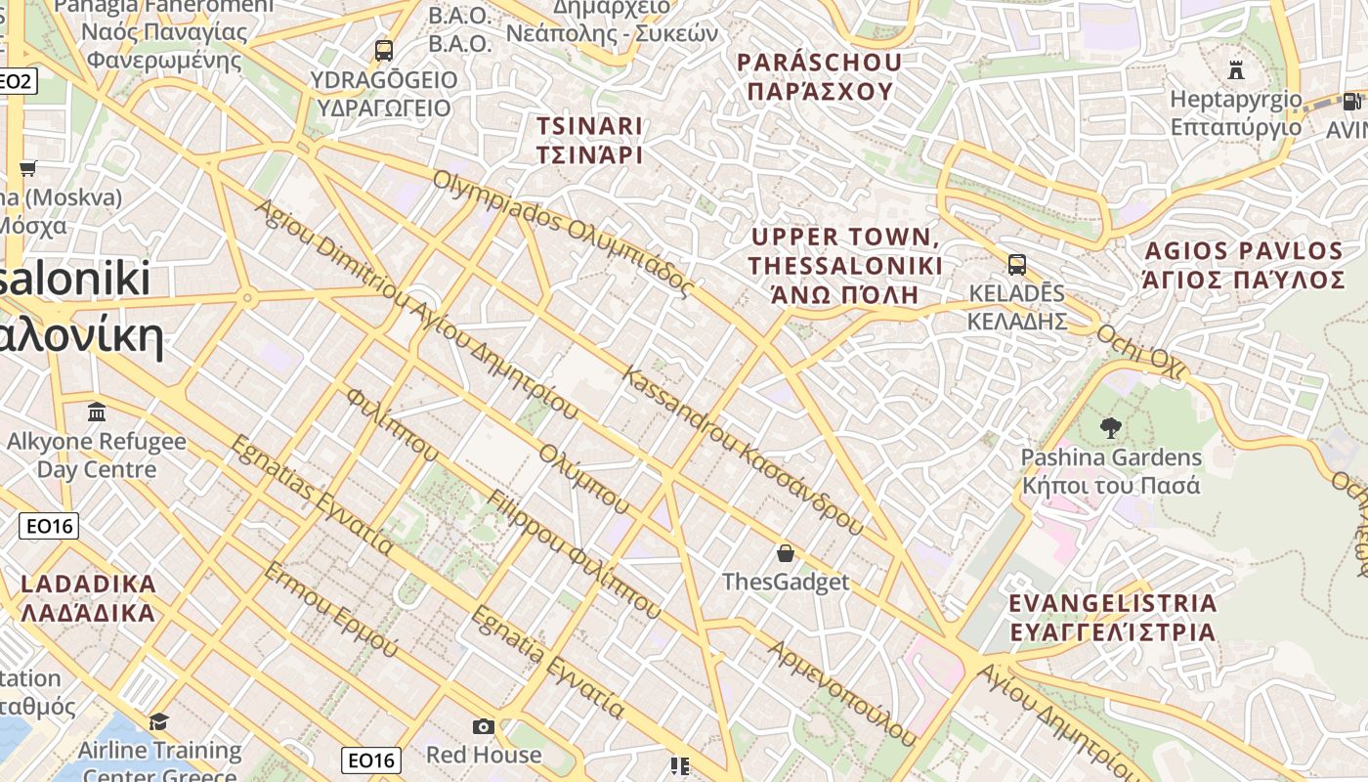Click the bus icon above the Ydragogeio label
pos(383,50)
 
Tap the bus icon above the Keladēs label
pos(1016,264)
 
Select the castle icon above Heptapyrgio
pos(1236,69)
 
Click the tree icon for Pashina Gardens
pos(1110,427)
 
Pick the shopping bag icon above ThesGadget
pos(785,553)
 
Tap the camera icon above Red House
pos(483,726)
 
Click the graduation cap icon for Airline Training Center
pos(158,721)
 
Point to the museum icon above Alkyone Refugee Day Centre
pos(96,412)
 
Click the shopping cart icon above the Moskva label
pos(27,168)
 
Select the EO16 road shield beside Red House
pos(371,760)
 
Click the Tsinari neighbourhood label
pos(589,140)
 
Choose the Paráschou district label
pos(819,76)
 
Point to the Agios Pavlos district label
pos(1244,265)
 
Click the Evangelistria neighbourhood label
pos(1112,617)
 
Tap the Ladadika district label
pos(88,598)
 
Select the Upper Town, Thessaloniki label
pos(845,265)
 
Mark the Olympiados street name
pos(563,233)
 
